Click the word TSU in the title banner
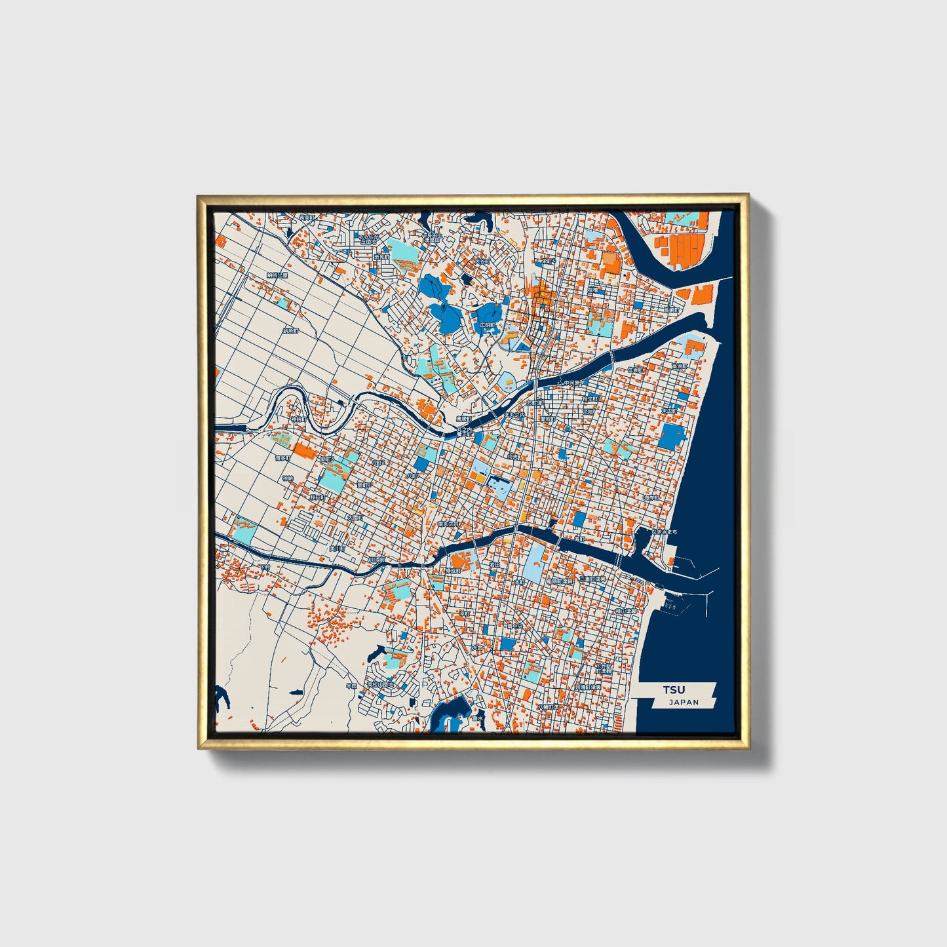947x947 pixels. [x=673, y=689]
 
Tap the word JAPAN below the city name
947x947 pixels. [x=684, y=703]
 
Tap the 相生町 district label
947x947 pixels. [x=590, y=397]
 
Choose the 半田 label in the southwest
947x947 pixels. [x=351, y=686]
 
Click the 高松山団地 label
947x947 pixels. [x=381, y=684]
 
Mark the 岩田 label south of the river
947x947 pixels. [x=495, y=564]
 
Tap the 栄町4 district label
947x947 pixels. [x=548, y=261]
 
